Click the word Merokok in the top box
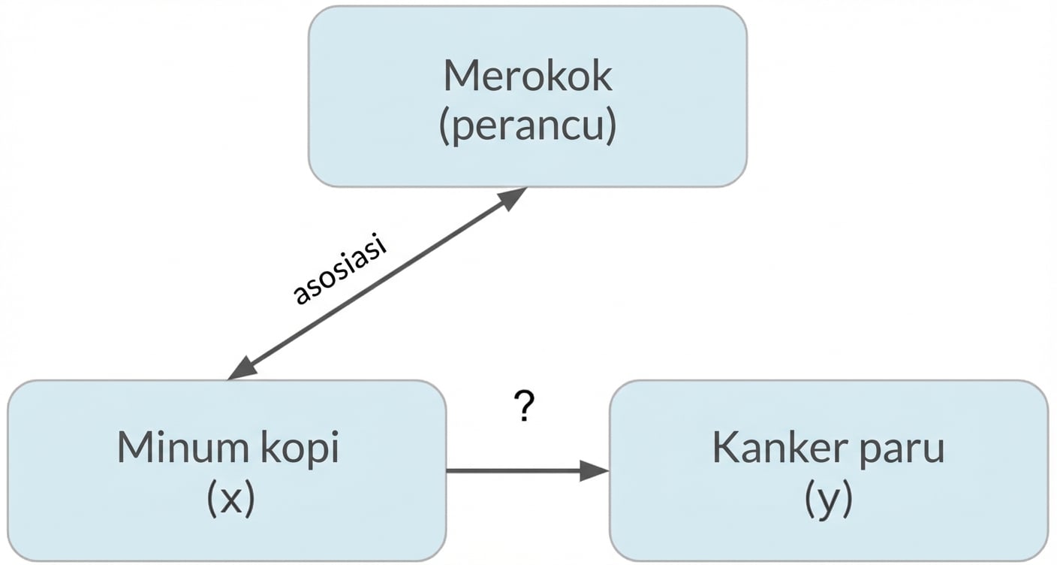(x=528, y=77)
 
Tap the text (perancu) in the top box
(x=528, y=128)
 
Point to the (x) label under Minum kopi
(x=230, y=499)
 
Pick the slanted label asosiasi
(x=339, y=270)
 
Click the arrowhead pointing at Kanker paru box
(x=595, y=471)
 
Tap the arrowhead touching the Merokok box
(x=512, y=198)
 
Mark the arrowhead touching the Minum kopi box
(x=242, y=369)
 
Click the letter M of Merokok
(x=459, y=76)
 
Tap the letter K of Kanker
(x=725, y=448)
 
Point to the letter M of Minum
(x=134, y=448)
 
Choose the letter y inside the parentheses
(x=829, y=502)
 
